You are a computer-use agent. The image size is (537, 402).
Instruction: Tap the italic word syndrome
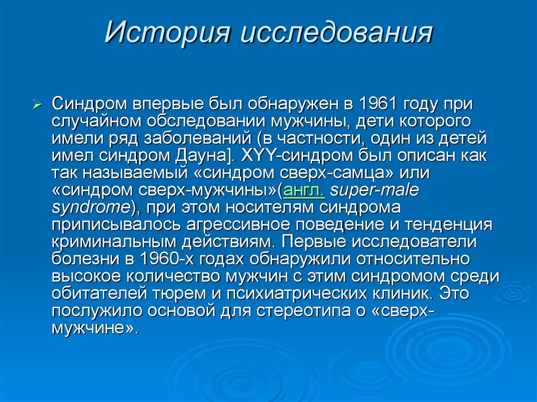[x=90, y=208]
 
